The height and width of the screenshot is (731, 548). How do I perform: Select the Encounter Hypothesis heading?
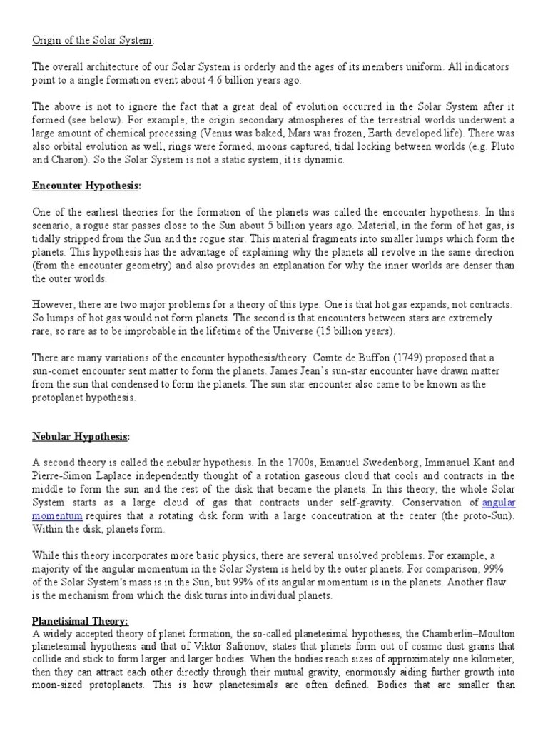[x=86, y=186]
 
